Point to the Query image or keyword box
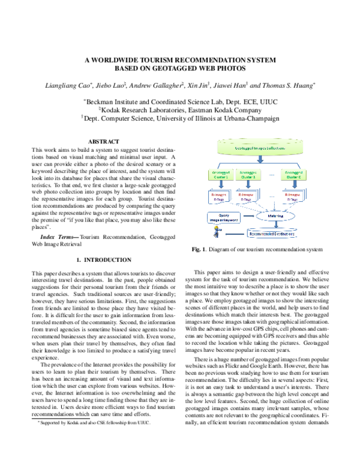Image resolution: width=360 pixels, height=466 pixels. tap(223, 217)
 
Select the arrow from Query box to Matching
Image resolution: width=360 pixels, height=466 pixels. tap(247, 215)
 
